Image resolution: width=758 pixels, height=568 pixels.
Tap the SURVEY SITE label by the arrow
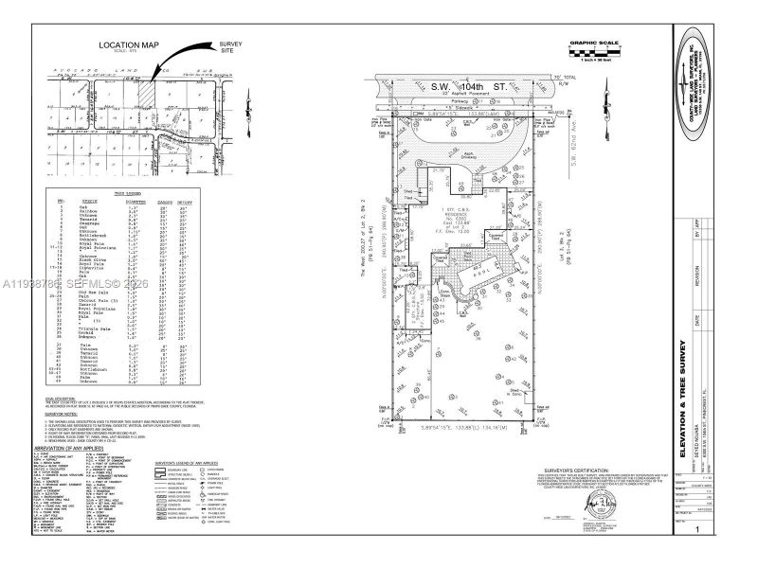coord(231,47)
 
